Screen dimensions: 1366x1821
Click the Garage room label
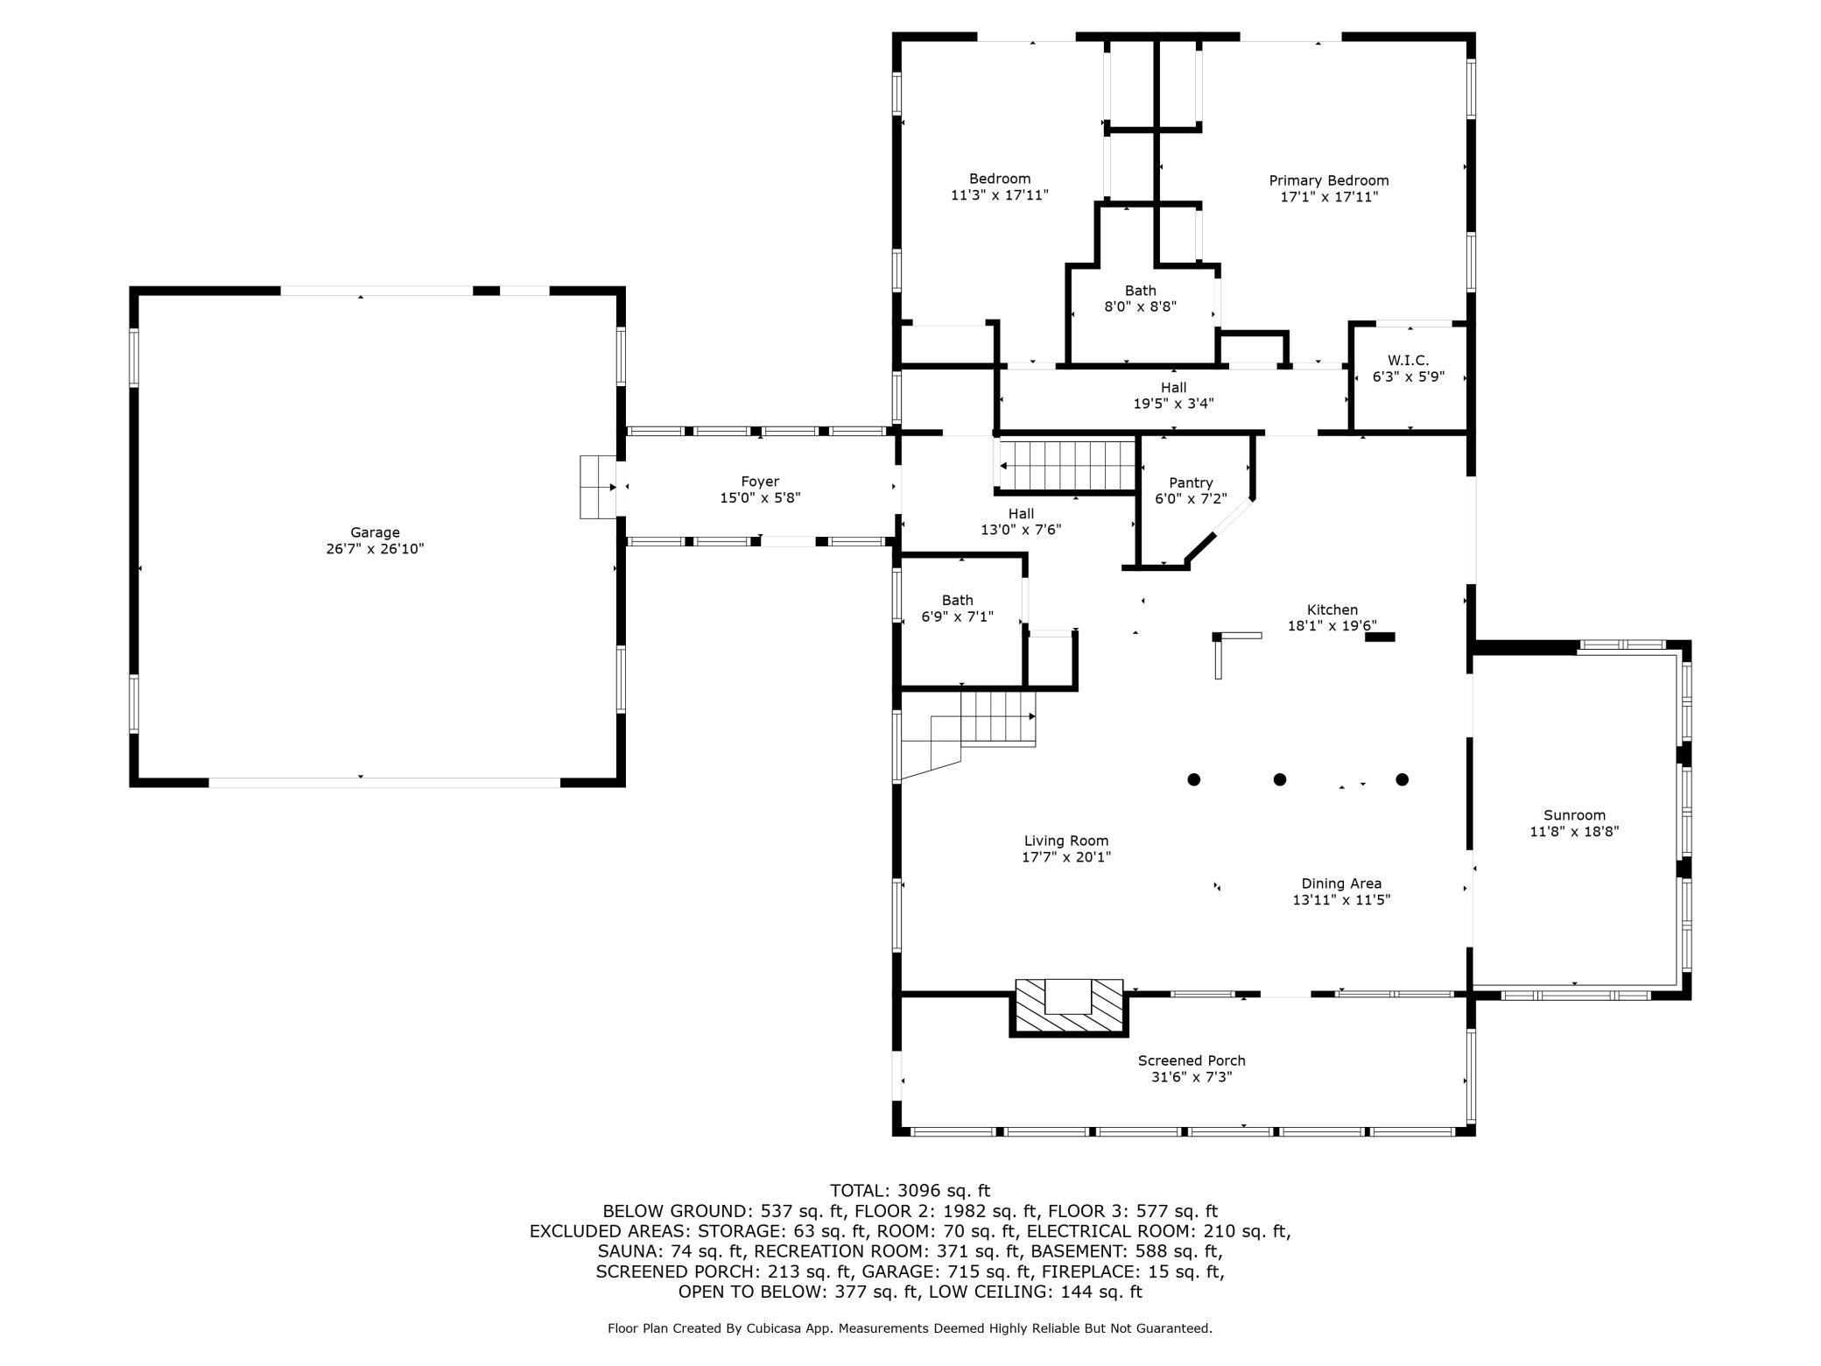(375, 532)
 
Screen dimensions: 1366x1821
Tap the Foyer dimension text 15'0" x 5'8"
(759, 498)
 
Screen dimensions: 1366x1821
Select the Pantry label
(1191, 482)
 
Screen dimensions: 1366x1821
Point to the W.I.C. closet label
(1408, 361)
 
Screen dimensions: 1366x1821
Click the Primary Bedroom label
(1328, 180)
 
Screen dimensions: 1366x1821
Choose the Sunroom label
(1574, 815)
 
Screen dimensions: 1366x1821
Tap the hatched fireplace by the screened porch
(1069, 1008)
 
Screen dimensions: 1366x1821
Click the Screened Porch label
(1191, 1060)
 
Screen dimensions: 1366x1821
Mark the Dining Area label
(1340, 884)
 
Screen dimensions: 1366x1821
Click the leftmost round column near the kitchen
(1193, 779)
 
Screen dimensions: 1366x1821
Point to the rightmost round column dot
(1402, 779)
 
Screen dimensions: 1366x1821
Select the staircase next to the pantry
(1068, 465)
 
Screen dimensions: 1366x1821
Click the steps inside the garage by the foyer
(598, 487)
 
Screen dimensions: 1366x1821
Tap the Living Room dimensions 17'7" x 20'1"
(1065, 858)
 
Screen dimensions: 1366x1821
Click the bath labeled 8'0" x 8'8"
(1140, 299)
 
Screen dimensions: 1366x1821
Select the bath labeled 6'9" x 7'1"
(957, 609)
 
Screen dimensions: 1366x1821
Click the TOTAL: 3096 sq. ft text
(910, 1191)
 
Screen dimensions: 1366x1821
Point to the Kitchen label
(1332, 609)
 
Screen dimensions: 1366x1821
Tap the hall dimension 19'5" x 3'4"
(1173, 404)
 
